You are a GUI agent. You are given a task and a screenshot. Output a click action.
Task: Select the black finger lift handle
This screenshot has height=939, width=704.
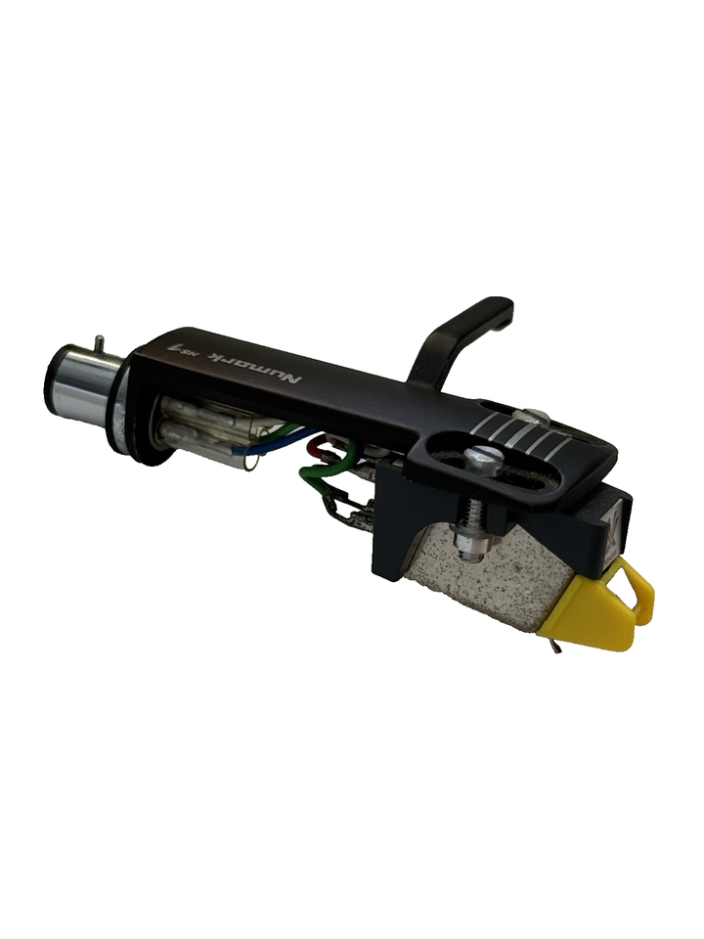point(460,337)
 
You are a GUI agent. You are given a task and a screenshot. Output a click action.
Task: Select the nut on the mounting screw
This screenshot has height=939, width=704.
point(467,541)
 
